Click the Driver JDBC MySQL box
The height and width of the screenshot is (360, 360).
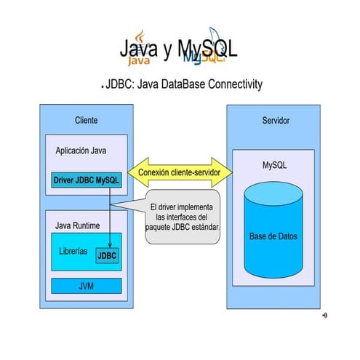point(86,179)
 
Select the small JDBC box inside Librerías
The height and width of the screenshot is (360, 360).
point(107,255)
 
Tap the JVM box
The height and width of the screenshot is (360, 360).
point(86,286)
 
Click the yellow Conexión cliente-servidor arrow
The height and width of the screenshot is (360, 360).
point(180,172)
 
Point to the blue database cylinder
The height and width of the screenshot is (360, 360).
point(273,234)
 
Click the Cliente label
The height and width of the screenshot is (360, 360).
point(86,120)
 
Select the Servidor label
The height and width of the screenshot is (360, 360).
point(276,120)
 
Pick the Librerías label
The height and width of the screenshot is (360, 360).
point(73,251)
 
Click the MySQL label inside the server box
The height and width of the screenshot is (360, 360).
point(274,166)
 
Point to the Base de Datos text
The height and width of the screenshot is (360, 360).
point(273,237)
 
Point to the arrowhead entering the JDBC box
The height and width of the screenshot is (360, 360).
point(110,246)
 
